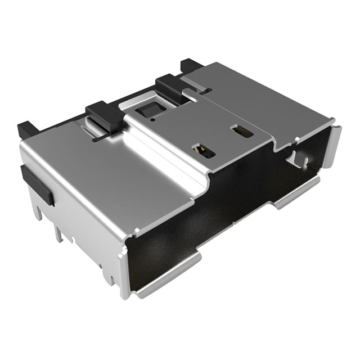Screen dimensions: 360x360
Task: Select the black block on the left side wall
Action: point(38,184)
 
